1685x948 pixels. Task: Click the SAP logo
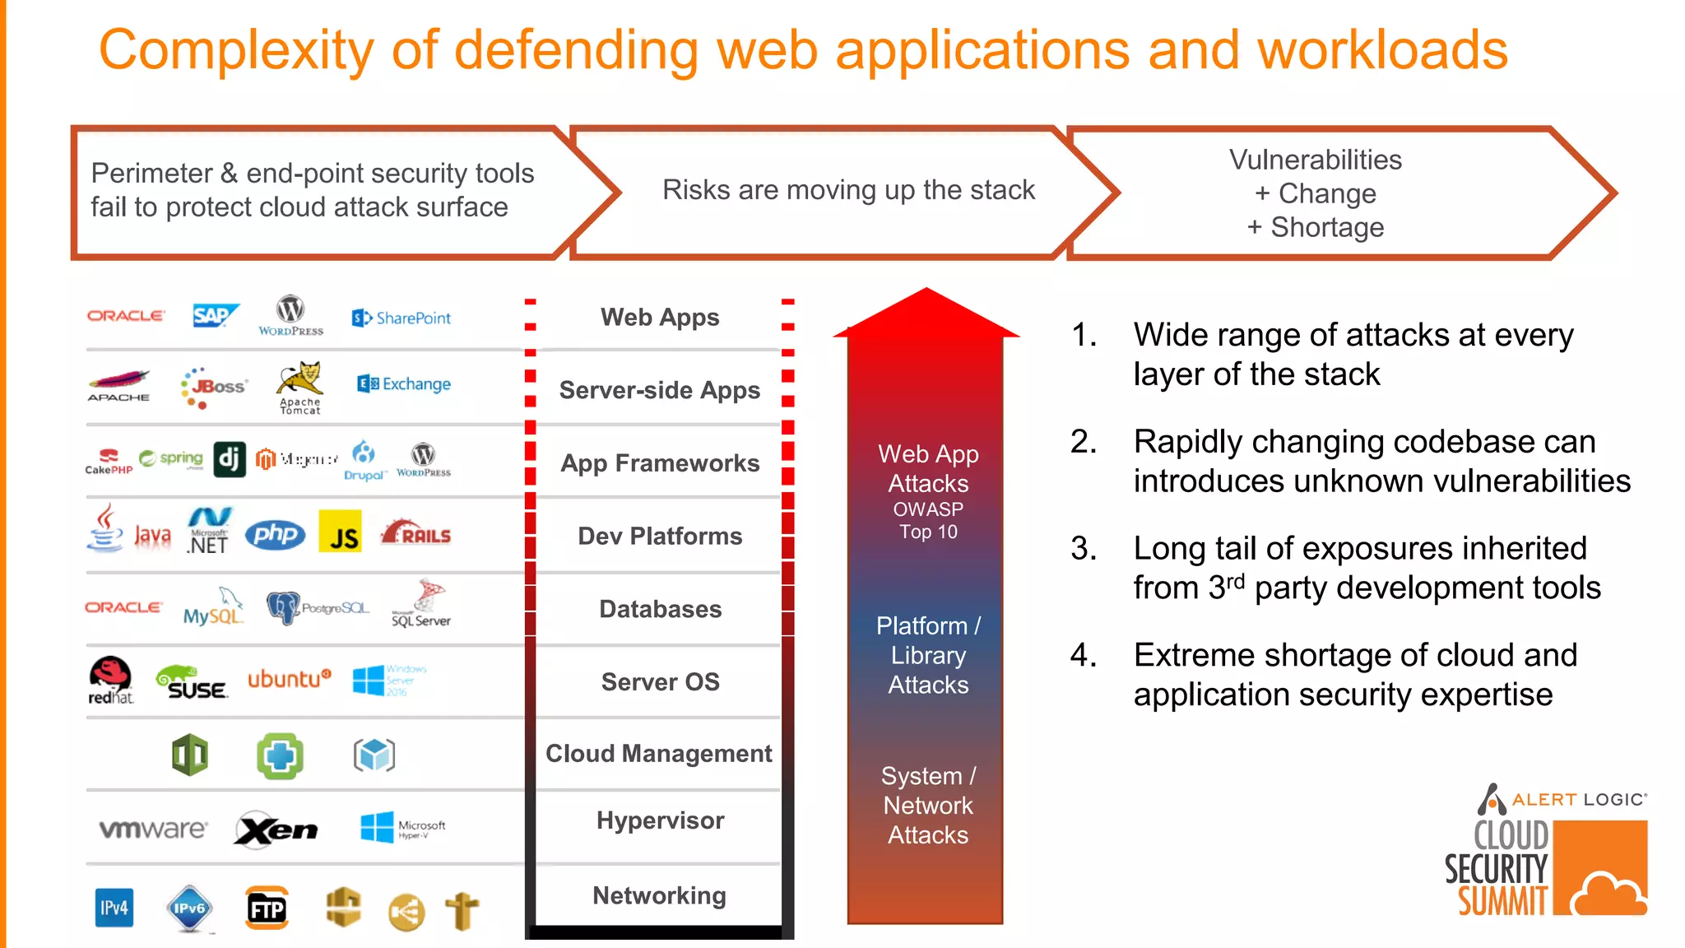coord(214,316)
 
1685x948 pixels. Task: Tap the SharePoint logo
coord(402,318)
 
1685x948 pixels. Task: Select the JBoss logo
coord(213,387)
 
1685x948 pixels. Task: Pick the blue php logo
coord(276,535)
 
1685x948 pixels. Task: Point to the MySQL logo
coord(213,610)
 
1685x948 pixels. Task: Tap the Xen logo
coord(276,829)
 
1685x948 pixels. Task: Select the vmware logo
coord(153,829)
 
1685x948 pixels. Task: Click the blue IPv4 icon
coord(114,908)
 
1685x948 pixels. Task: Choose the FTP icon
coord(267,908)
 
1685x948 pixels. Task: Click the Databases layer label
coord(660,609)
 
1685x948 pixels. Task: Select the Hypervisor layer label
coord(660,820)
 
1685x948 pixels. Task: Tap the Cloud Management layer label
coord(658,753)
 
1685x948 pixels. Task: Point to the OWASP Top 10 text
coord(928,520)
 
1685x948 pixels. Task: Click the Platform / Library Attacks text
coord(928,655)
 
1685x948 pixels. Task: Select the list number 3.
coord(1083,548)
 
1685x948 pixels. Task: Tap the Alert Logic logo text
coord(1578,799)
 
